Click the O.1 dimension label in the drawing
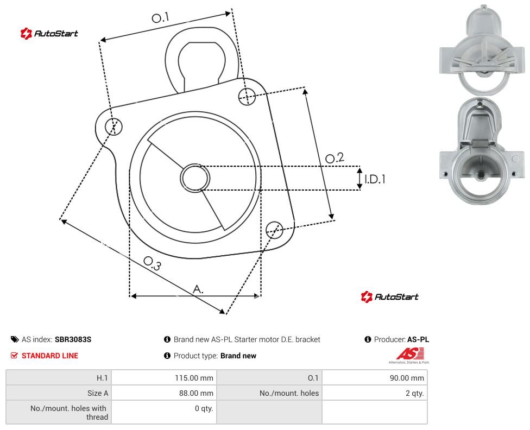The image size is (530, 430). click(x=160, y=17)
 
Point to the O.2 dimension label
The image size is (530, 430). click(x=335, y=157)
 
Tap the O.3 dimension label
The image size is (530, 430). click(x=152, y=263)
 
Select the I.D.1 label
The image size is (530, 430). click(x=375, y=179)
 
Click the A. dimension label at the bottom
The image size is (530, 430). click(x=198, y=289)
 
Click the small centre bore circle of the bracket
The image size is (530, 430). click(x=195, y=178)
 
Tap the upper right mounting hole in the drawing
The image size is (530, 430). click(x=247, y=96)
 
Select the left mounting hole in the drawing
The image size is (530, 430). click(x=113, y=127)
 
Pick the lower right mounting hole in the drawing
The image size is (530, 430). click(x=274, y=230)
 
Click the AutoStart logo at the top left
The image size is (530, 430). click(x=49, y=34)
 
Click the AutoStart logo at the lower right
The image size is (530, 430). click(x=389, y=297)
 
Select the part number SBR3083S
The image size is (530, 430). click(x=73, y=339)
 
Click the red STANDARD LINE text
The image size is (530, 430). click(x=50, y=356)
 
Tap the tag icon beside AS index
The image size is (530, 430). click(x=15, y=339)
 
